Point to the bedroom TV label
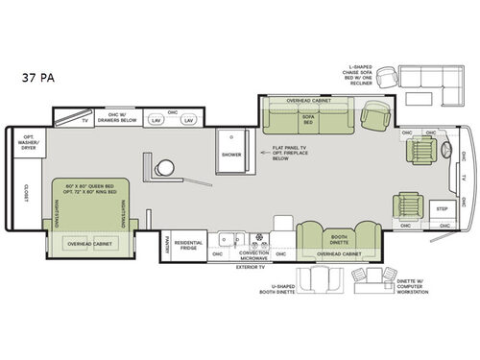[x=84, y=121]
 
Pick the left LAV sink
[x=158, y=121]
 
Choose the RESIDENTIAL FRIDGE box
[x=189, y=246]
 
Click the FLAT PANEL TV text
[x=277, y=151]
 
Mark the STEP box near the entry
[x=441, y=208]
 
